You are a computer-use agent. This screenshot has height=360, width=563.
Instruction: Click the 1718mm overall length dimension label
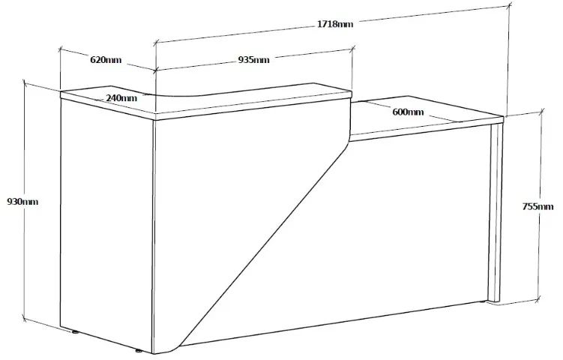click(x=335, y=24)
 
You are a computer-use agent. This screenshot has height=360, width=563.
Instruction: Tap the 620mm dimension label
click(x=106, y=60)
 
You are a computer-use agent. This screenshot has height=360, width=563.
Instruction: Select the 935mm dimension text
click(x=253, y=60)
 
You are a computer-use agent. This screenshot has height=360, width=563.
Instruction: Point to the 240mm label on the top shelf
click(x=121, y=97)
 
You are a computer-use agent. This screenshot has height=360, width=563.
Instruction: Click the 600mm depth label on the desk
click(x=408, y=112)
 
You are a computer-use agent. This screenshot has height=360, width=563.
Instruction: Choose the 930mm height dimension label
click(x=22, y=202)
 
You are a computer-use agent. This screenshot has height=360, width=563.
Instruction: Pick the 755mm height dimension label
click(x=538, y=206)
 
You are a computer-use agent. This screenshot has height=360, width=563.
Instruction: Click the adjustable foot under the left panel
click(x=75, y=332)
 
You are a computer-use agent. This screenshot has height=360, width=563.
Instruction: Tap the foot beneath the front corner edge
click(x=138, y=351)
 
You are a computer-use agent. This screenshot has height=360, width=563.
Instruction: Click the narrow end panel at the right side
click(x=496, y=213)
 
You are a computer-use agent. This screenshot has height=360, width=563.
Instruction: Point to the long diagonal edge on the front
click(x=265, y=243)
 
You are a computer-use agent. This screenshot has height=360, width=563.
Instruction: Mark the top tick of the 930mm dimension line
click(x=25, y=82)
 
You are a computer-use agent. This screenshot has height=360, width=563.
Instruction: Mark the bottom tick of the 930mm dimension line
click(x=25, y=318)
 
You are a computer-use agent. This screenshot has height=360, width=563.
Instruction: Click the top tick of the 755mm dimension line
click(x=541, y=112)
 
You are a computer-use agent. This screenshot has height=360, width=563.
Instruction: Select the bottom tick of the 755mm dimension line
click(x=538, y=299)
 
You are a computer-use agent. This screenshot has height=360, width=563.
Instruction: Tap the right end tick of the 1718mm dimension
click(x=510, y=5)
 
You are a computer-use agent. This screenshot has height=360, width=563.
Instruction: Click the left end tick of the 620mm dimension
click(x=60, y=49)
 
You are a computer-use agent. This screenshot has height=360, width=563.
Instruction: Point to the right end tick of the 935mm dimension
click(x=353, y=47)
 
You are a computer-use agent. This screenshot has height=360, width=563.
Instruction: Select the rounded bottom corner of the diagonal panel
click(x=169, y=350)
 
